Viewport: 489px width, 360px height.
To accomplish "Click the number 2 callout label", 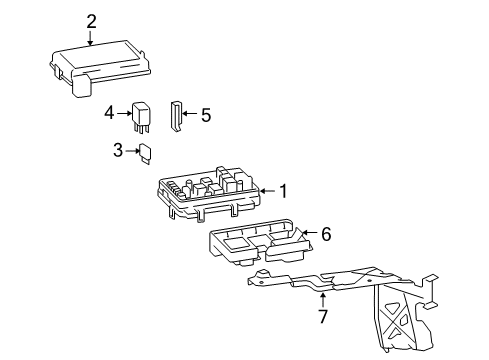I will [91, 20].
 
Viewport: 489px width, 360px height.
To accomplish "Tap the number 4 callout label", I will [110, 113].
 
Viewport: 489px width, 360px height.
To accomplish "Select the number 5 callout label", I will [205, 115].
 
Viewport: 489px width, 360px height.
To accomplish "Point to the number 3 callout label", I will [117, 150].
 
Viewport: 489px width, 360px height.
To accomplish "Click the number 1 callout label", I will [283, 190].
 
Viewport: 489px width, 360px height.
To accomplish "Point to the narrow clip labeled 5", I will [176, 116].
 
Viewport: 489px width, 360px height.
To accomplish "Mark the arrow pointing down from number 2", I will [91, 38].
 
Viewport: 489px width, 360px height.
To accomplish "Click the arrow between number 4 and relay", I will [127, 113].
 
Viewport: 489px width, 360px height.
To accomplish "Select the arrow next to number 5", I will [190, 115].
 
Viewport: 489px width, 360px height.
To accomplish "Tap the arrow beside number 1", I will [266, 190].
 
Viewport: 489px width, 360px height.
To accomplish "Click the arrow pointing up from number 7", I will [322, 299].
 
